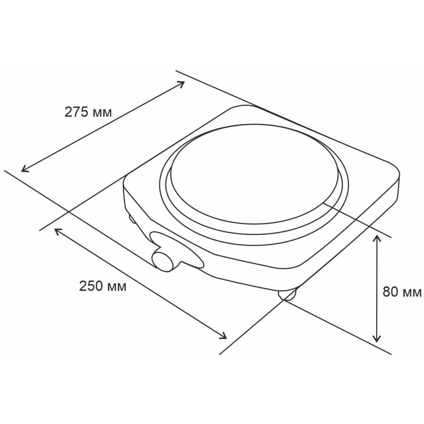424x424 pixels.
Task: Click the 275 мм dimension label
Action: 88,112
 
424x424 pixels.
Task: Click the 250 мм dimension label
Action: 103,286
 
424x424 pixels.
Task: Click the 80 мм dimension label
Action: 402,292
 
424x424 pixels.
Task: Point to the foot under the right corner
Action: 287,294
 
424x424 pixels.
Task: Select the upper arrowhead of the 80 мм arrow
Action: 376,238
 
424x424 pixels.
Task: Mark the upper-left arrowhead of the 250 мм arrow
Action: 57,231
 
